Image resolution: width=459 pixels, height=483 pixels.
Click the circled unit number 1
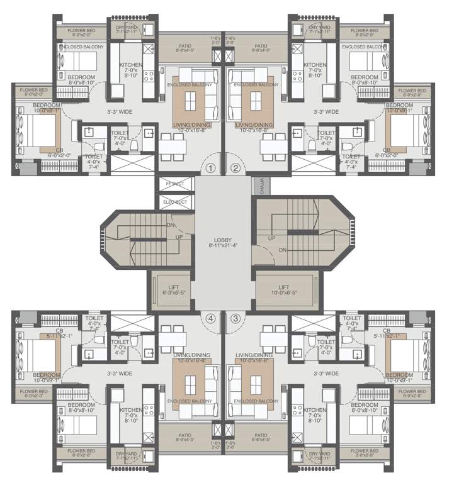[x=211, y=168]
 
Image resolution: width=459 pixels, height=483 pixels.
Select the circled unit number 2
[x=235, y=168]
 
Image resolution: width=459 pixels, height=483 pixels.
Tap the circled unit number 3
[x=235, y=318]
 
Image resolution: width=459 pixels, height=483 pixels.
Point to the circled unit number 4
[x=210, y=318]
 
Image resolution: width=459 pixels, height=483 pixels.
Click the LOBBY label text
[x=223, y=240]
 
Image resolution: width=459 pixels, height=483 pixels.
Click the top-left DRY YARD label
[x=127, y=28]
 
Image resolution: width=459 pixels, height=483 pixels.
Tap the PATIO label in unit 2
[x=261, y=47]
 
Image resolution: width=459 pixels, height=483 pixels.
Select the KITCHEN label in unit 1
[x=131, y=65]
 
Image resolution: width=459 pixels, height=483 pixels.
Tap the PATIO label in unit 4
[x=184, y=435]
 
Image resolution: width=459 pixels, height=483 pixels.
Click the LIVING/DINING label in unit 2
[x=254, y=125]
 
